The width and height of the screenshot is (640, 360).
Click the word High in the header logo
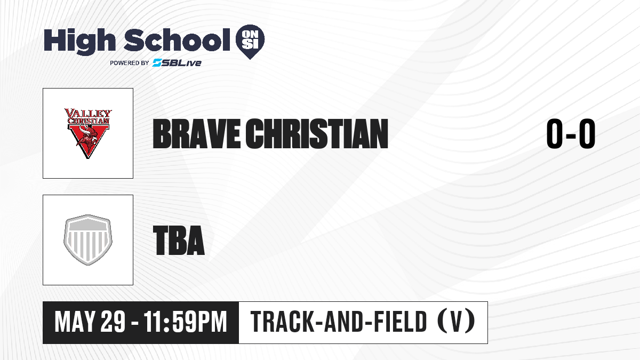tap(79, 41)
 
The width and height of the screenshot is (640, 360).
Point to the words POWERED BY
tap(130, 63)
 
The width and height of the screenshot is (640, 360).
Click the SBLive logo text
tap(177, 62)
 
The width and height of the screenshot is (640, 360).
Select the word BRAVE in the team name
tap(197, 134)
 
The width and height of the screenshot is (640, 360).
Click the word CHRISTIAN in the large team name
tap(317, 134)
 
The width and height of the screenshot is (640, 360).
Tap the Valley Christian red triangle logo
tap(87, 133)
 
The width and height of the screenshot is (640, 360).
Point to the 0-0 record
tap(571, 134)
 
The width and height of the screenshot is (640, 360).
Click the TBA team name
tap(179, 241)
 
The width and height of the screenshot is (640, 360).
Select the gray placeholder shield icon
tap(87, 240)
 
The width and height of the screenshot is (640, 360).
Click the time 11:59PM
tap(185, 322)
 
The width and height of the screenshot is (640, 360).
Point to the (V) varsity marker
tap(457, 321)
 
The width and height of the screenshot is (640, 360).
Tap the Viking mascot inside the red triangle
tap(87, 139)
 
